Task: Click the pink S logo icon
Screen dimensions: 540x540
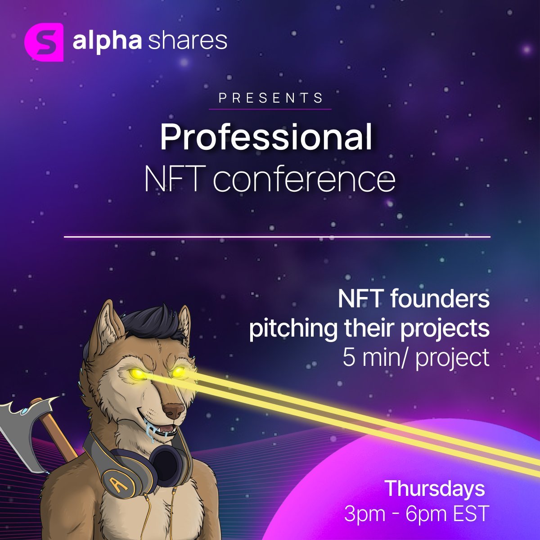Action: pos(44,42)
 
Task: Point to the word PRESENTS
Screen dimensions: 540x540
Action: pos(270,98)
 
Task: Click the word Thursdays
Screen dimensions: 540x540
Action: pos(435,489)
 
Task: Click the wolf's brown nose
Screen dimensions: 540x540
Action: pos(174,409)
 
